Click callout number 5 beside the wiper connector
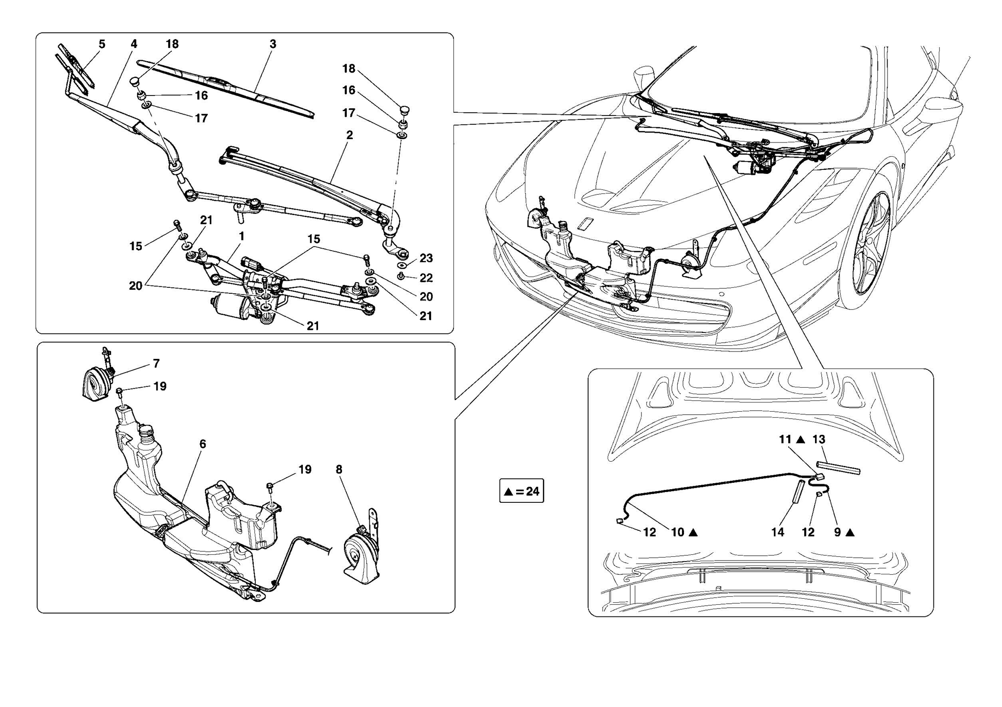pos(102,44)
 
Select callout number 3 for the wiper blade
pos(273,44)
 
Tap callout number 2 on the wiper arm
pos(349,135)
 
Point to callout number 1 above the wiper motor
pos(242,236)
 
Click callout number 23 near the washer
pos(426,258)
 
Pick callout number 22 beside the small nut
pos(426,278)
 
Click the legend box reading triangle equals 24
pos(522,491)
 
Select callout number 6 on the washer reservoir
pos(203,444)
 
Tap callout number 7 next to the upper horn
pos(156,363)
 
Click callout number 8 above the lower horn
pos(339,470)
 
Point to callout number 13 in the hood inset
pos(819,440)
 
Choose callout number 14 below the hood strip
pos(777,532)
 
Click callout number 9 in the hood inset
pos(838,532)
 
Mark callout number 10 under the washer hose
pos(678,532)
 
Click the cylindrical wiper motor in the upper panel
pos(228,307)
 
